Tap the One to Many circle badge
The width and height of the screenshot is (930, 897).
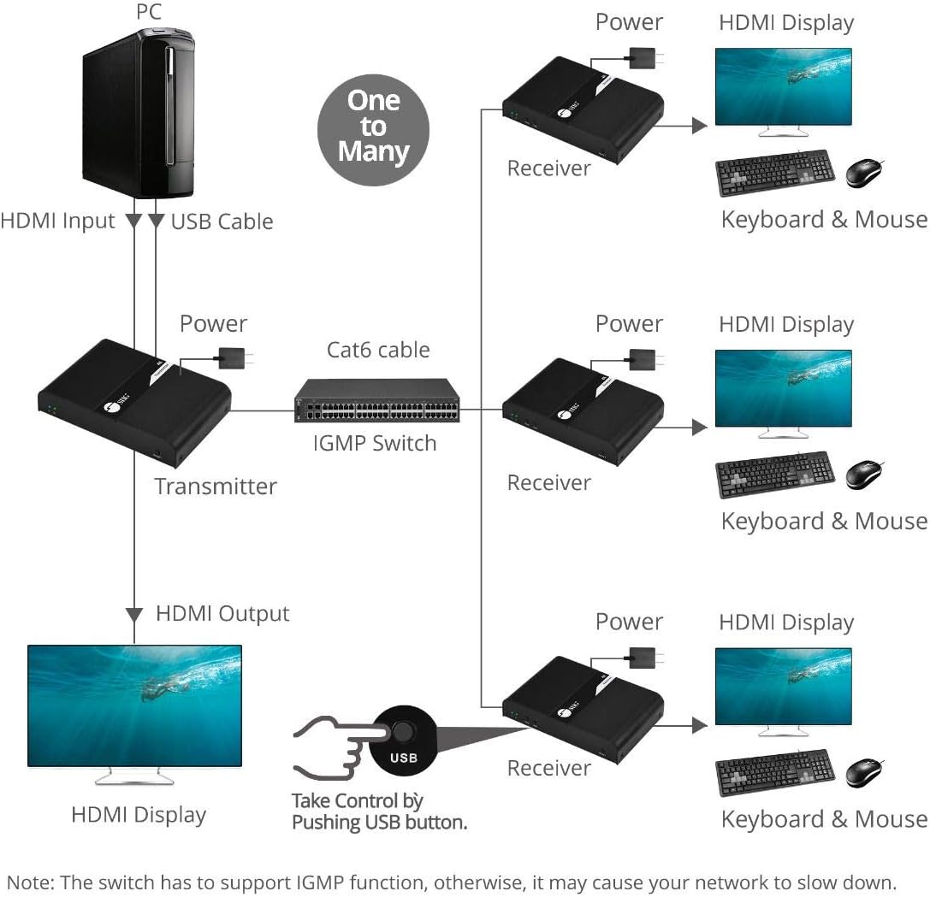coord(373,127)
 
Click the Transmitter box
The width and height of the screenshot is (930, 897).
coord(135,401)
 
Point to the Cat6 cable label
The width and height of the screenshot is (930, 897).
coord(378,350)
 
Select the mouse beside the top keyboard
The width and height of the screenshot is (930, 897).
coord(864,174)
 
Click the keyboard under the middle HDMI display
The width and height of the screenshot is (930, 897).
coord(774,475)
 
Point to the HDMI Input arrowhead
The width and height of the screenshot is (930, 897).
coord(134,221)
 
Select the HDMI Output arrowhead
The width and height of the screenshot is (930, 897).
coord(134,614)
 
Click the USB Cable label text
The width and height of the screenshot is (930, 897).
coord(222,221)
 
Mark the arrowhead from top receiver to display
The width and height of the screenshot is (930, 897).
coord(700,127)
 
